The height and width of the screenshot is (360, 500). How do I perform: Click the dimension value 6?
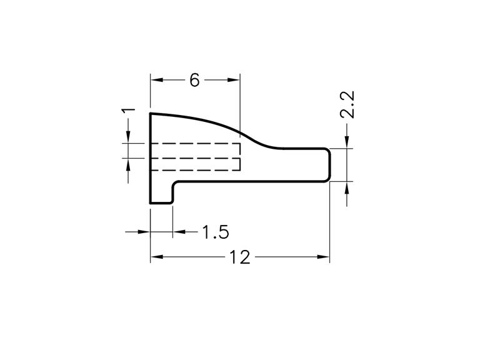pyautogui.click(x=194, y=80)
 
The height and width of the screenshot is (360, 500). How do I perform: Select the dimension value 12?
pyautogui.click(x=240, y=257)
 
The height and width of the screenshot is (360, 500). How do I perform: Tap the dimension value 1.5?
pyautogui.click(x=216, y=232)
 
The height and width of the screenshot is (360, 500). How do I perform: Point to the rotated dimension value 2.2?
pyautogui.click(x=347, y=105)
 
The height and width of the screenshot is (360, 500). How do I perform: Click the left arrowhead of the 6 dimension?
pyautogui.click(x=157, y=80)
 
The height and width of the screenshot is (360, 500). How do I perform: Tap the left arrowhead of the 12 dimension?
pyautogui.click(x=157, y=257)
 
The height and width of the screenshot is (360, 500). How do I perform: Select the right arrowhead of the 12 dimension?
pyautogui.click(x=323, y=257)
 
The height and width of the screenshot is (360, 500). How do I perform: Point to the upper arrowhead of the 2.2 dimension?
pyautogui.click(x=347, y=142)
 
